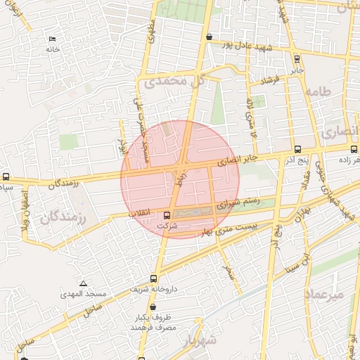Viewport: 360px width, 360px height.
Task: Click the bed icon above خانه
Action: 51,39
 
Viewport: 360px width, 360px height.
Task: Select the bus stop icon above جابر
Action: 297,59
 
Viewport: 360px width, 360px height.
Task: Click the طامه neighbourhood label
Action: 318,91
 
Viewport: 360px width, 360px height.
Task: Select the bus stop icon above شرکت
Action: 167,215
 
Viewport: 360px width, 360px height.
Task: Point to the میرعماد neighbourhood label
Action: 325,293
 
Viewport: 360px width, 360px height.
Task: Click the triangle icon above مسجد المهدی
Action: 83,283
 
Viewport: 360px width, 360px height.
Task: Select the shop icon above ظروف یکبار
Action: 153,308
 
